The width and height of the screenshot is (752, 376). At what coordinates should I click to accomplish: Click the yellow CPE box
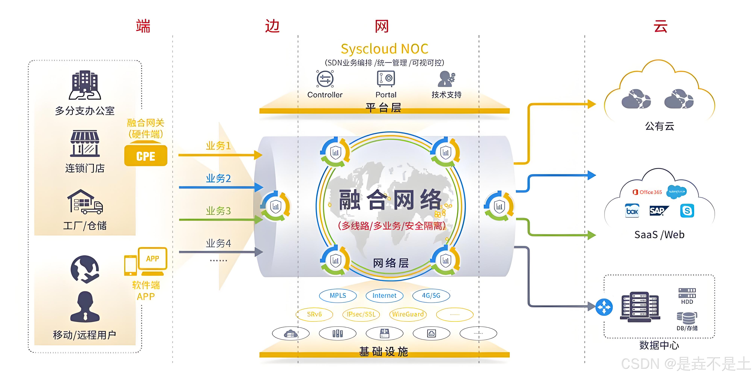[146, 156]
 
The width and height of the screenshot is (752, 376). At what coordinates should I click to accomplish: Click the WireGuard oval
[408, 314]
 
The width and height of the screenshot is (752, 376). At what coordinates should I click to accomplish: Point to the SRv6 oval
[314, 314]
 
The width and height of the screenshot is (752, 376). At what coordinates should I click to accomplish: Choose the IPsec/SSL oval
[361, 314]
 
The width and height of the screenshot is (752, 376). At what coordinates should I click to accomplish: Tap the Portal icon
[386, 78]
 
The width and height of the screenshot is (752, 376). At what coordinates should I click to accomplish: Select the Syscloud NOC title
[384, 49]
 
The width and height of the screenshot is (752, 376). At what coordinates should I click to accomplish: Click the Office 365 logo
[647, 192]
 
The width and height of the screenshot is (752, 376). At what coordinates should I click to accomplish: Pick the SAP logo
[658, 211]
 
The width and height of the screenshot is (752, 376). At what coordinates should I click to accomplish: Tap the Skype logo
[687, 211]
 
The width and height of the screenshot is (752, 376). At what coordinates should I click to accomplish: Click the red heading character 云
[660, 26]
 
